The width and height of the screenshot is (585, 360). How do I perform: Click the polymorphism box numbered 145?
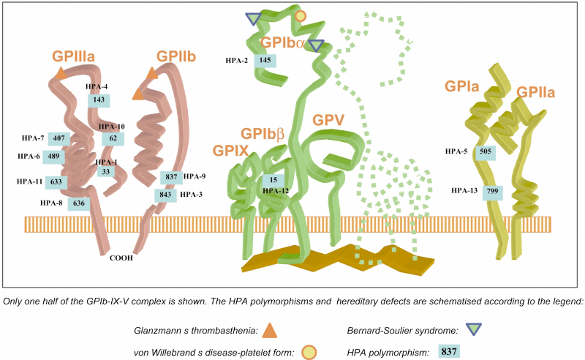coord(265,60)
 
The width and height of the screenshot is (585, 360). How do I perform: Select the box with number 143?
coord(99,100)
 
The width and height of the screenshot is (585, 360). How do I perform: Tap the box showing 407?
coord(60,138)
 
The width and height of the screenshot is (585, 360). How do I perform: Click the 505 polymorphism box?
coord(485,152)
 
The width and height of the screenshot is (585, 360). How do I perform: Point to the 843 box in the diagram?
coord(165,195)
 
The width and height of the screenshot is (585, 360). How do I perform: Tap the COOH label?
coord(121,258)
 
